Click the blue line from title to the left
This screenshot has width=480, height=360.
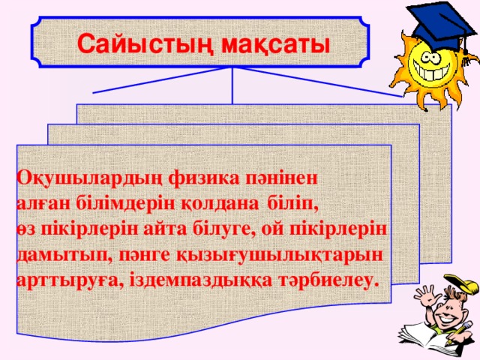161,80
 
